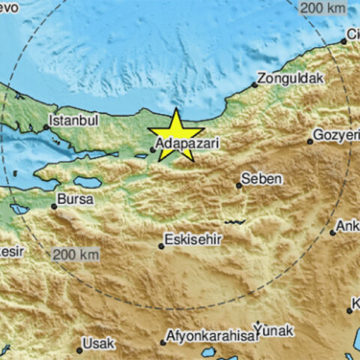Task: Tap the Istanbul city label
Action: pyautogui.click(x=73, y=119)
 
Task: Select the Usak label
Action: pyautogui.click(x=99, y=343)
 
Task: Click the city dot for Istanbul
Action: pyautogui.click(x=46, y=127)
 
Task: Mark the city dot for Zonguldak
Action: pyautogui.click(x=255, y=85)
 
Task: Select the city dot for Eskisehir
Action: pyautogui.click(x=161, y=245)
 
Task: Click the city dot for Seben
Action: pyautogui.click(x=238, y=184)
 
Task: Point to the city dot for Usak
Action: pyautogui.click(x=79, y=349)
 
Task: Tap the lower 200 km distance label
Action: pyautogui.click(x=75, y=254)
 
